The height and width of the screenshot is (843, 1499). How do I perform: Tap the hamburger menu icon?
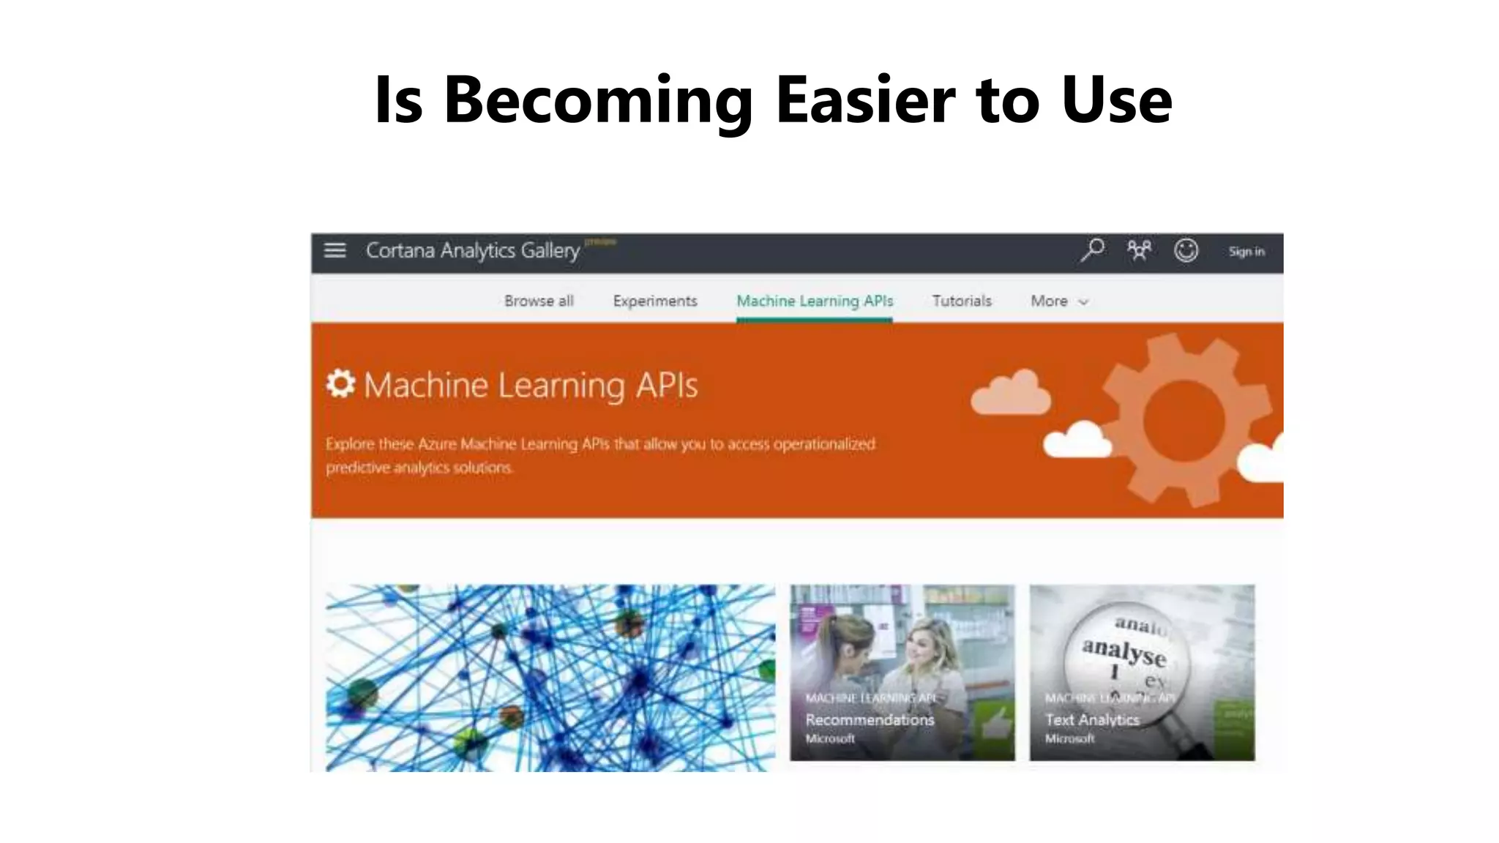(334, 250)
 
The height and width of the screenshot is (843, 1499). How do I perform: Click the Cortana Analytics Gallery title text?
(473, 250)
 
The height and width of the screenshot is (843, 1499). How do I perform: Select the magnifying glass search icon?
(1092, 250)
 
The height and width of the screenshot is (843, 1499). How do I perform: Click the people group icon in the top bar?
(1139, 250)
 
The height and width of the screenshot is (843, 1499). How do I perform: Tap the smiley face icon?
(1186, 250)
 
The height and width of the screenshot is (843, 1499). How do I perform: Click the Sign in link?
(1246, 251)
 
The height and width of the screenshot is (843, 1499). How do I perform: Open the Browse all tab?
(539, 301)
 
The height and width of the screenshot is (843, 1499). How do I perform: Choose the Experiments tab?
(655, 301)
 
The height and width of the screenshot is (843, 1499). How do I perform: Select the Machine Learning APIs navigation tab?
(815, 301)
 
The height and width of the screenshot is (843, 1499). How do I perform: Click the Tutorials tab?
(962, 301)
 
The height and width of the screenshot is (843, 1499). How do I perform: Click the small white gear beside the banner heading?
(340, 383)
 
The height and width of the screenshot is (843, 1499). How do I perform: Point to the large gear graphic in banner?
(1184, 420)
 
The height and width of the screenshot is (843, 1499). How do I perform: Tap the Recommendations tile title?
(870, 719)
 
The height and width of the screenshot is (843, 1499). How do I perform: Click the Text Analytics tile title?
(1092, 719)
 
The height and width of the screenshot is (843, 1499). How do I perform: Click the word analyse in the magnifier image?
(1124, 651)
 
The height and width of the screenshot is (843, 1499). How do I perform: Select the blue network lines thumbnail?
(550, 677)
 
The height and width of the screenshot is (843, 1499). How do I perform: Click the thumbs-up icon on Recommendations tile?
(996, 724)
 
